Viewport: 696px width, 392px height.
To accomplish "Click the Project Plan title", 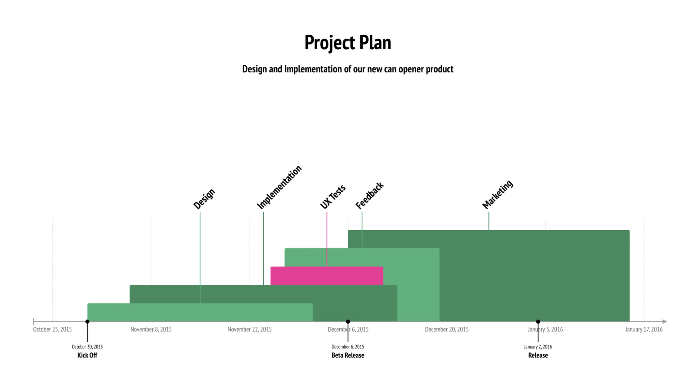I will (x=348, y=42).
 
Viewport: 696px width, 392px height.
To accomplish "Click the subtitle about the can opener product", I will (x=348, y=69).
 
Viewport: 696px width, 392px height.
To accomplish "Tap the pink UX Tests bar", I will (x=327, y=276).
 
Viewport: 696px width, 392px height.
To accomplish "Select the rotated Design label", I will (x=204, y=199).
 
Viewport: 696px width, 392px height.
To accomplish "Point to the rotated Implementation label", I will (x=279, y=187).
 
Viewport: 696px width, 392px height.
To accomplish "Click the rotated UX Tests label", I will (x=333, y=197).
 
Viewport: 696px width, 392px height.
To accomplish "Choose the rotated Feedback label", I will (x=369, y=196).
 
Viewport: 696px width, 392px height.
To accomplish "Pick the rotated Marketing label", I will (x=498, y=194).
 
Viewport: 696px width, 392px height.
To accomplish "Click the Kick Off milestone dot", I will (x=87, y=322).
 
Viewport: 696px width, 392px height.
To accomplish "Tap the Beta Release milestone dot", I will (x=348, y=322).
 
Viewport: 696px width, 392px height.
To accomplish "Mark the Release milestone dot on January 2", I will (x=538, y=322).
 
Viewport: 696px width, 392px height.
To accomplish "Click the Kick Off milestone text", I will (x=87, y=355).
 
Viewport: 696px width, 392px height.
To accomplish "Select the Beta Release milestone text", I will (x=348, y=355).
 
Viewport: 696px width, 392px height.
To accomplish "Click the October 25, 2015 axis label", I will (x=52, y=329).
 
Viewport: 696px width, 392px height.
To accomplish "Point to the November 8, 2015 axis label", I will (x=151, y=329).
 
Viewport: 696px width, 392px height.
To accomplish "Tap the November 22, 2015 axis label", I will (x=250, y=329).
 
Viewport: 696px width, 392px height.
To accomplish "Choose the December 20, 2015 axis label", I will (x=447, y=329).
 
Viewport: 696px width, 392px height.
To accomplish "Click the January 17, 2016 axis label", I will (x=644, y=329).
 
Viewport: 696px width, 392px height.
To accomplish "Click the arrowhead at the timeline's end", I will (x=665, y=322).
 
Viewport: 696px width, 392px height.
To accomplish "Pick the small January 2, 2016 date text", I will (x=538, y=347).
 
